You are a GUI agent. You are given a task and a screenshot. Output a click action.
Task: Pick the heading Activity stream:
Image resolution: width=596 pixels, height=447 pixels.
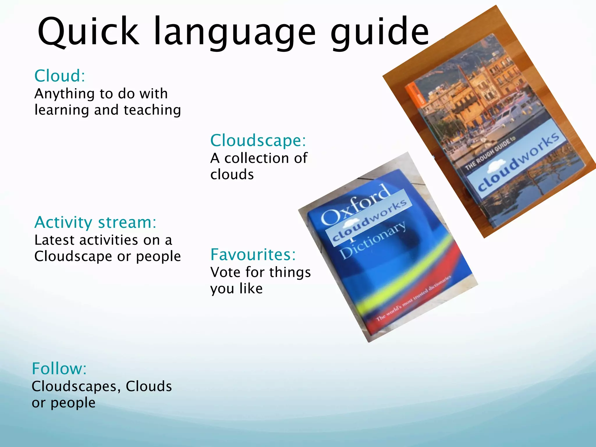95,222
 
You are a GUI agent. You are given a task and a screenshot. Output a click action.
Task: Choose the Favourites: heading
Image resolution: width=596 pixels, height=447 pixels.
253,255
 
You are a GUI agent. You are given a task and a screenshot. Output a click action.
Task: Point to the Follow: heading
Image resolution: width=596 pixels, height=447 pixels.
59,368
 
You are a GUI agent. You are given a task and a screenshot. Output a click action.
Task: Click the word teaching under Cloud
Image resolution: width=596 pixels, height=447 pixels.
152,110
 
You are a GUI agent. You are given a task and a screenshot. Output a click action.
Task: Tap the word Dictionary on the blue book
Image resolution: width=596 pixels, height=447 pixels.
373,240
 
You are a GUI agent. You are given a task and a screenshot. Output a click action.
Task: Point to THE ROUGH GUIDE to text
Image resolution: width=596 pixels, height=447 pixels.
490,153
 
